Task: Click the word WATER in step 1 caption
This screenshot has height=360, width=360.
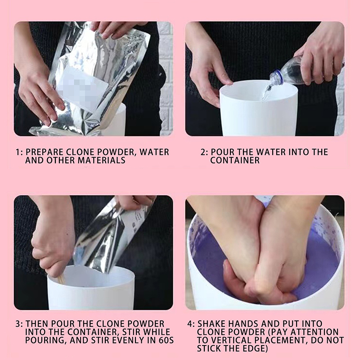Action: pyautogui.click(x=154, y=152)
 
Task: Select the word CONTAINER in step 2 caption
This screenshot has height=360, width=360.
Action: pyautogui.click(x=235, y=160)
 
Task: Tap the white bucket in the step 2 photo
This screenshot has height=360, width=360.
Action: pyautogui.click(x=258, y=108)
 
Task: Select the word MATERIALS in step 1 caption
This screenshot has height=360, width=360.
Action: pyautogui.click(x=101, y=160)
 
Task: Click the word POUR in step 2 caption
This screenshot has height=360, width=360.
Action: pyautogui.click(x=222, y=152)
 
